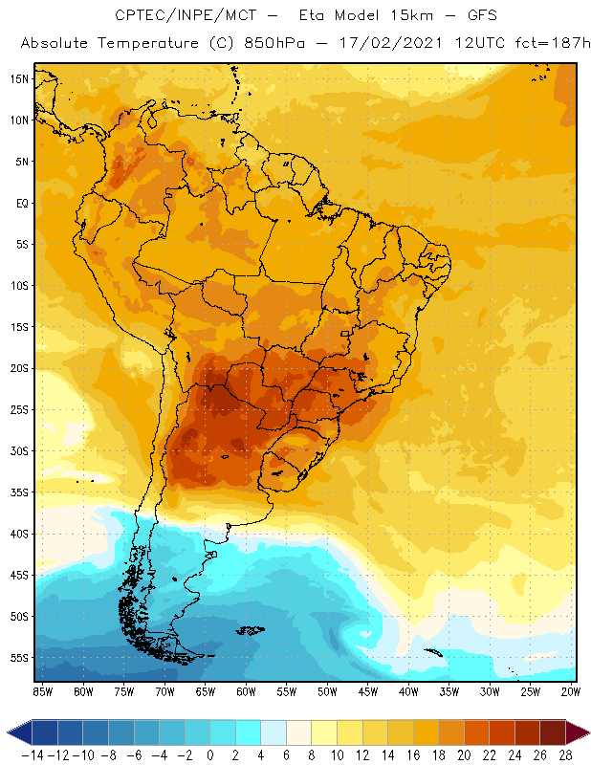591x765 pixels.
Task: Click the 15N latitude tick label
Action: tap(19, 78)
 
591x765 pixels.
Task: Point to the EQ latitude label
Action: tap(21, 203)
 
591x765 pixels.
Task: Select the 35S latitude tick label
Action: tap(19, 492)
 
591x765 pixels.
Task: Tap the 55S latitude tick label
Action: tap(19, 658)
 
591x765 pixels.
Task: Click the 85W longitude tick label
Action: tap(43, 691)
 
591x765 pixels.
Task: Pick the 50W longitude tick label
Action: tap(327, 691)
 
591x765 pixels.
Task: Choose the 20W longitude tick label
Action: tap(572, 691)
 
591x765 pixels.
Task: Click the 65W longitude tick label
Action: tap(206, 691)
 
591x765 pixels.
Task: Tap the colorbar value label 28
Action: tap(566, 754)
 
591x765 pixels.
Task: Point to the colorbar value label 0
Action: tap(210, 754)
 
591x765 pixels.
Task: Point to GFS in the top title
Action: tap(460, 15)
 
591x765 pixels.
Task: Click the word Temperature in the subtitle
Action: tap(166, 44)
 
